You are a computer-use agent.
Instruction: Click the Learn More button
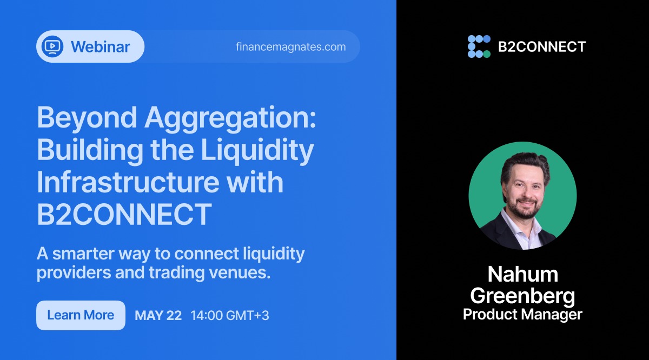pyautogui.click(x=81, y=315)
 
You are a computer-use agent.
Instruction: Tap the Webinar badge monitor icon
pyautogui.click(x=52, y=46)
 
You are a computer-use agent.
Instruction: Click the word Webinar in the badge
pyautogui.click(x=101, y=46)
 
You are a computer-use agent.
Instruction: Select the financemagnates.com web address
pyautogui.click(x=291, y=46)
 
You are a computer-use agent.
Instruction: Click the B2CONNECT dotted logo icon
pyautogui.click(x=479, y=46)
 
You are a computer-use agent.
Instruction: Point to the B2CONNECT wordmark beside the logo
pyautogui.click(x=541, y=46)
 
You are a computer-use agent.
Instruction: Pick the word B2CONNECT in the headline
pyautogui.click(x=124, y=214)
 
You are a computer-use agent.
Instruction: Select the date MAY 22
pyautogui.click(x=158, y=316)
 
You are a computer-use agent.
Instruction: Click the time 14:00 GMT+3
pyautogui.click(x=230, y=316)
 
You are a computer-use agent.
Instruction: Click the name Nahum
pyautogui.click(x=522, y=275)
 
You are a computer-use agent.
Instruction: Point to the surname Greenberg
pyautogui.click(x=522, y=295)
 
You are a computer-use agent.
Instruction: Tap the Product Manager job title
pyautogui.click(x=522, y=315)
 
